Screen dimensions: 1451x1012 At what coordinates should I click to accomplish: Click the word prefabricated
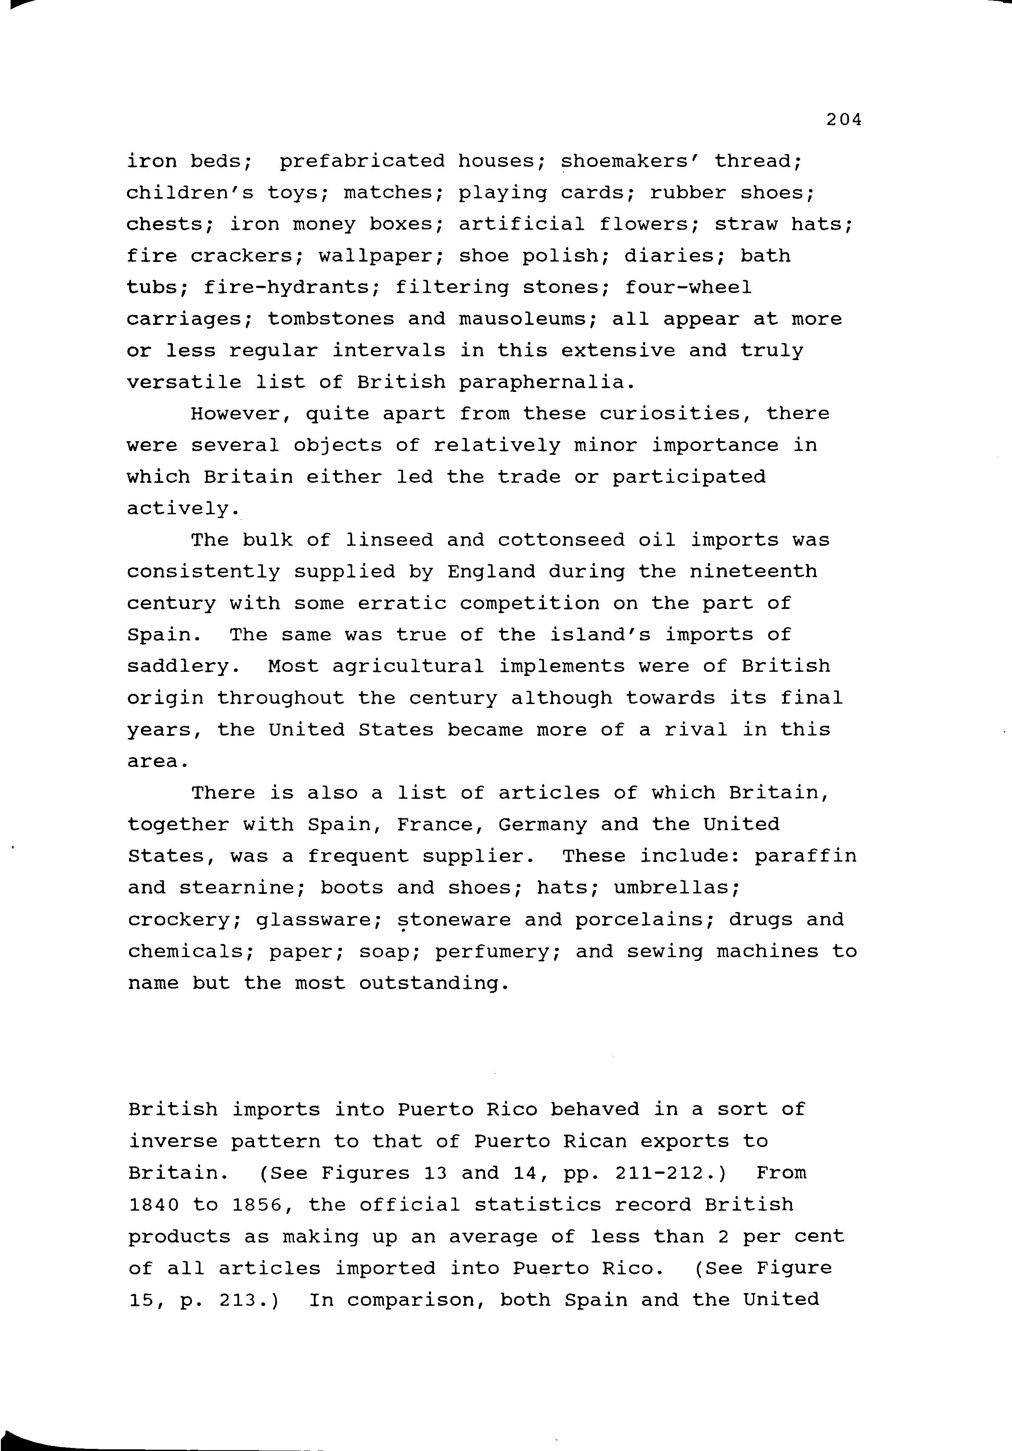click(x=362, y=161)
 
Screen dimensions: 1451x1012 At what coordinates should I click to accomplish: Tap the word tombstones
click(x=330, y=319)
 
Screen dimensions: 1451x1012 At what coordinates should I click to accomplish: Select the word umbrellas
click(x=676, y=888)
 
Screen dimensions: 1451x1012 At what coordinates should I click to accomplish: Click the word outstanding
click(x=434, y=983)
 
